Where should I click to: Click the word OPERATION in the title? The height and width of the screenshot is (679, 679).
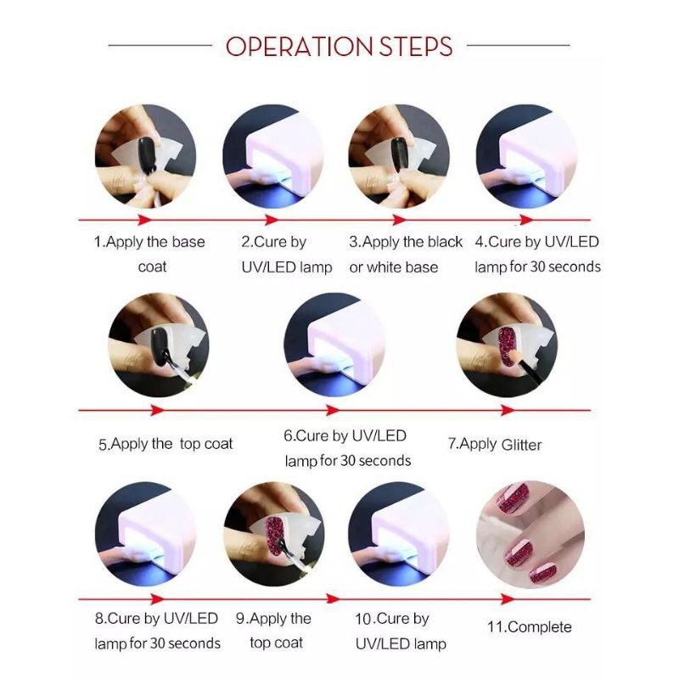click(x=299, y=47)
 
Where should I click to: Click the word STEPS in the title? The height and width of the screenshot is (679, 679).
click(x=416, y=47)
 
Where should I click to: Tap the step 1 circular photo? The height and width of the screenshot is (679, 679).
click(x=145, y=156)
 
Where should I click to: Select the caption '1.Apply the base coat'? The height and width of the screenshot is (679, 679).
click(x=149, y=254)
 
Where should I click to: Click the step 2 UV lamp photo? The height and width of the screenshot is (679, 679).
click(x=273, y=156)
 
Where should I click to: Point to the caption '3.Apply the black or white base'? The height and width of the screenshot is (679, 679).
click(x=406, y=254)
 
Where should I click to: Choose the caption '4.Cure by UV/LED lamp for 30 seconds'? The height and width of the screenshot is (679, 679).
click(x=537, y=254)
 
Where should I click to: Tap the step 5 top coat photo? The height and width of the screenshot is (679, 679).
click(x=159, y=345)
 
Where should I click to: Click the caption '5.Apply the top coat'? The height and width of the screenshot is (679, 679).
click(x=166, y=444)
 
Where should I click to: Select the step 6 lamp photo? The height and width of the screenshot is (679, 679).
click(x=334, y=345)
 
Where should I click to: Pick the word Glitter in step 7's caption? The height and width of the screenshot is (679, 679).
click(x=521, y=445)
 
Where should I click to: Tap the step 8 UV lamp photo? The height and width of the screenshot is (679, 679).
click(x=145, y=534)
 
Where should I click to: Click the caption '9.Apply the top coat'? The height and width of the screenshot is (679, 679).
click(x=274, y=631)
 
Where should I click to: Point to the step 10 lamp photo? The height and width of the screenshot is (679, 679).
click(x=399, y=534)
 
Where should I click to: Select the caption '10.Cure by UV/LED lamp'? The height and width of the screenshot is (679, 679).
click(x=400, y=631)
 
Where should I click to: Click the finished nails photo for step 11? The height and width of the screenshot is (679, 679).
click(x=530, y=535)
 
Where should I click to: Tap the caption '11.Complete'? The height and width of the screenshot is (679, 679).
click(x=530, y=626)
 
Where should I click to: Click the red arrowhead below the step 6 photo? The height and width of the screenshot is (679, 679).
click(x=333, y=410)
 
